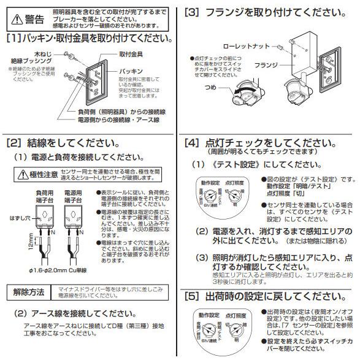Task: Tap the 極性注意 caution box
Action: pyautogui.click(x=40, y=175)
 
